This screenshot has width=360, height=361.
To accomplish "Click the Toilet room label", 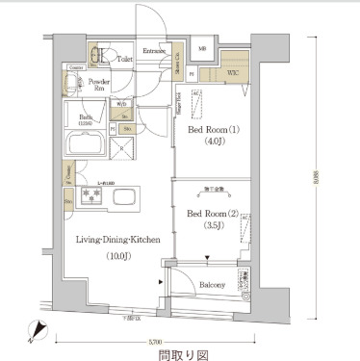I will (124, 59).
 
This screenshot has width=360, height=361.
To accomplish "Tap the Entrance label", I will (155, 51).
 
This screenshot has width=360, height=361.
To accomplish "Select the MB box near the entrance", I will (203, 49).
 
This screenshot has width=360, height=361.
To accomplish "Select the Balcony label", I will (212, 284).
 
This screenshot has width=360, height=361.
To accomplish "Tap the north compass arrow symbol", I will (37, 332).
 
